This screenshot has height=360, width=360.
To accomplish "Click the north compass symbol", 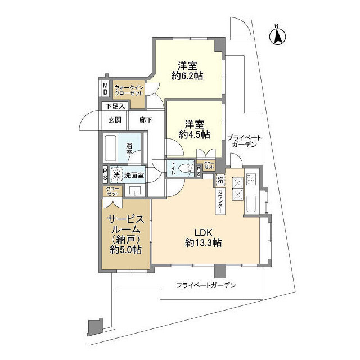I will (x=277, y=35).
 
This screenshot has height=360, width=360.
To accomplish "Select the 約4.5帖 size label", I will (x=194, y=135).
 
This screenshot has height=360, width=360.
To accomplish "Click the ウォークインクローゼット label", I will (x=129, y=90).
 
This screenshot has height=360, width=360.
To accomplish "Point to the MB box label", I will (x=105, y=88).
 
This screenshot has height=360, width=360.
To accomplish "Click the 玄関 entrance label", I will (x=115, y=119).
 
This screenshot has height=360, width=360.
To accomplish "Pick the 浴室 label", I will (x=129, y=148).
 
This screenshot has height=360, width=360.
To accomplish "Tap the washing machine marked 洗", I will (x=116, y=174).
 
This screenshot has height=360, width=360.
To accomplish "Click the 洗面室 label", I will (x=134, y=175).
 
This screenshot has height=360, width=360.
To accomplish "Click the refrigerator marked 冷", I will (x=220, y=181).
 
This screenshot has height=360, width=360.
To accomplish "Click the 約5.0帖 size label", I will (x=125, y=250).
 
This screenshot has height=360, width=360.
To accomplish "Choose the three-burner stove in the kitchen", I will (x=238, y=187).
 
